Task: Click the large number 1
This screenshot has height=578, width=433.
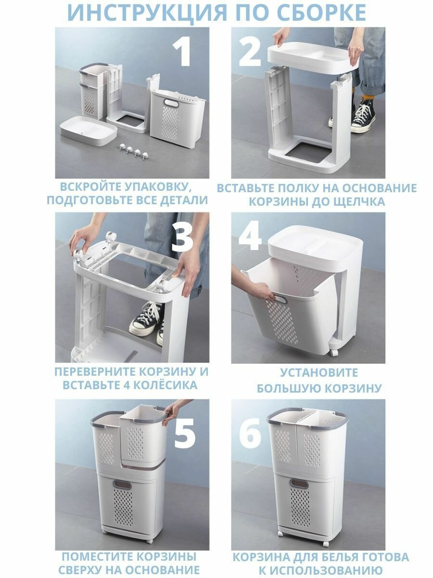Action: click(x=182, y=52)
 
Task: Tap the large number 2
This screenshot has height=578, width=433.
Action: click(x=250, y=52)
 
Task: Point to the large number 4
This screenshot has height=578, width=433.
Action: click(x=250, y=236)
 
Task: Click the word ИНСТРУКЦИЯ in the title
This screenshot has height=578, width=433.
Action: click(x=147, y=13)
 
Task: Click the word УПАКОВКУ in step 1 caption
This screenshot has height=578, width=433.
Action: click(x=158, y=187)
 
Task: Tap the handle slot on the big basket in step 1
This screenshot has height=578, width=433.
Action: click(x=171, y=103)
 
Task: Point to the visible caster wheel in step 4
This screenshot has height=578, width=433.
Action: click(x=334, y=353)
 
